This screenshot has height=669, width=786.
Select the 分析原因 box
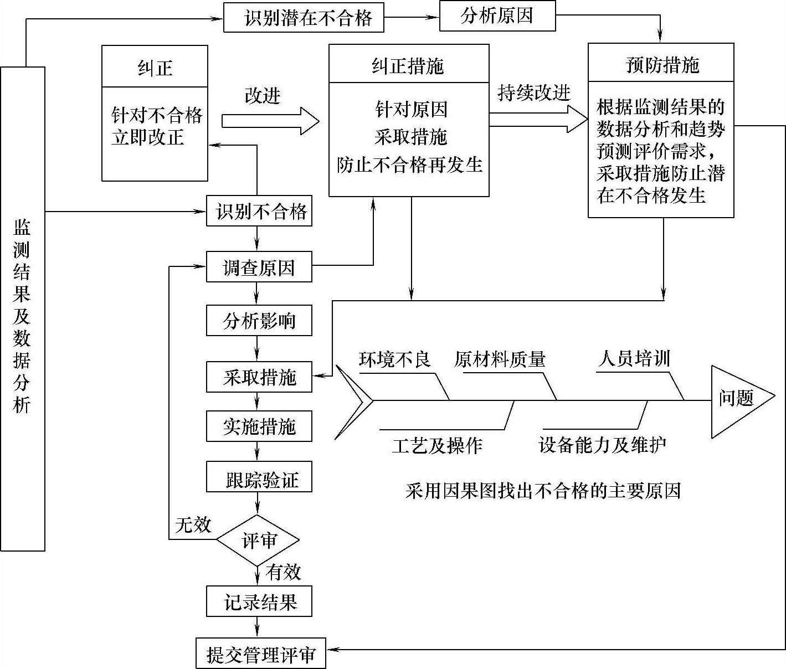pos(497,16)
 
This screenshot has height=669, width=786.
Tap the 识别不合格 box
pos(259,211)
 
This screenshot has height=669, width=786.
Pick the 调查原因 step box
pos(259,267)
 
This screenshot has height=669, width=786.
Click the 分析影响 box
pos(259,321)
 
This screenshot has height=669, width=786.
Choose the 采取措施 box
pos(259,377)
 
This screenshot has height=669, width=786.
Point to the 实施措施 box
pos(259,426)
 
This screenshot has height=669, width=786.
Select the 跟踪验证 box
pos(259,478)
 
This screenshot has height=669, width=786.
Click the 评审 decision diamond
pos(258,540)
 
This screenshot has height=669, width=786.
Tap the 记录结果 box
pos(259,601)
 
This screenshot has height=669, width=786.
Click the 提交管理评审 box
pos(260,654)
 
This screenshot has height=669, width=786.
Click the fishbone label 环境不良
pos(394,359)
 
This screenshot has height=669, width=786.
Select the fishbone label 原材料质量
pos(500,359)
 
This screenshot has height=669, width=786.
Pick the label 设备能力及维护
pos(602,445)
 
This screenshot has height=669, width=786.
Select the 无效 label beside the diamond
pos(193,524)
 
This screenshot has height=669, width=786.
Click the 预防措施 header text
pos(661,65)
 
